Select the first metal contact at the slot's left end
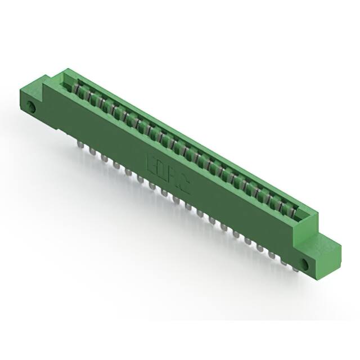tap(75, 89)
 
